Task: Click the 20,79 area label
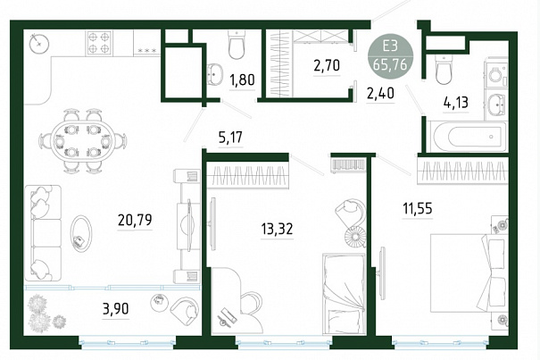click(x=135, y=220)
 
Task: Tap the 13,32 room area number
click(x=277, y=229)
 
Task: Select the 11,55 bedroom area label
click(x=418, y=208)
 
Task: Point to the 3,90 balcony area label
click(x=116, y=308)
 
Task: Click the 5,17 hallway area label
click(x=230, y=138)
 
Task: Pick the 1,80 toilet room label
click(x=242, y=80)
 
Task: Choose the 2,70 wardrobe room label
click(x=327, y=65)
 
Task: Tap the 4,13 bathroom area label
click(x=456, y=103)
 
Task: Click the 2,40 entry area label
click(x=380, y=93)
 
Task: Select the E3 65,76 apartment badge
click(x=390, y=56)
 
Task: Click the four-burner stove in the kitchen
click(x=100, y=42)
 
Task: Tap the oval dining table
click(x=83, y=140)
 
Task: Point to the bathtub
click(x=467, y=137)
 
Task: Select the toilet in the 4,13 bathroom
click(x=444, y=69)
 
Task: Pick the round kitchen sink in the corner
click(x=39, y=44)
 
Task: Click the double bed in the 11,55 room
click(x=469, y=272)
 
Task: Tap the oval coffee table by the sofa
click(x=81, y=232)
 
